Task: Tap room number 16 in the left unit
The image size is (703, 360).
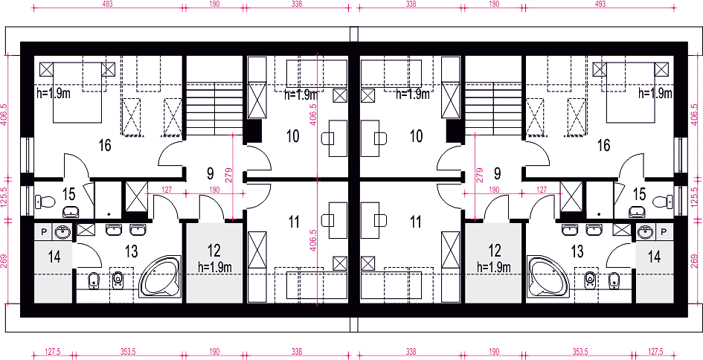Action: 105,146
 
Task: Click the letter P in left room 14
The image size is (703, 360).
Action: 44,231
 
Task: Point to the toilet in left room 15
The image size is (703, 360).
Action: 45,202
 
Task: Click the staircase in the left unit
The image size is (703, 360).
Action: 215,109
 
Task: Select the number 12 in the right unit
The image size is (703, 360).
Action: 495,250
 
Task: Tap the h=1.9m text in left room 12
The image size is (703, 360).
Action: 215,268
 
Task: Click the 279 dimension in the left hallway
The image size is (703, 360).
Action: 228,175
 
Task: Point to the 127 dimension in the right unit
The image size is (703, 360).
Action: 542,190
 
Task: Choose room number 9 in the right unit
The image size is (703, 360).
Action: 497,173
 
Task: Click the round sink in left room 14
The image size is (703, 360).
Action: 62,232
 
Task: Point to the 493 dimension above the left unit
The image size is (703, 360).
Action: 108,4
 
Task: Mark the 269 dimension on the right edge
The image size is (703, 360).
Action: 695,260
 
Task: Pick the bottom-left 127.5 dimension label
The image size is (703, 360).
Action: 53,352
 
